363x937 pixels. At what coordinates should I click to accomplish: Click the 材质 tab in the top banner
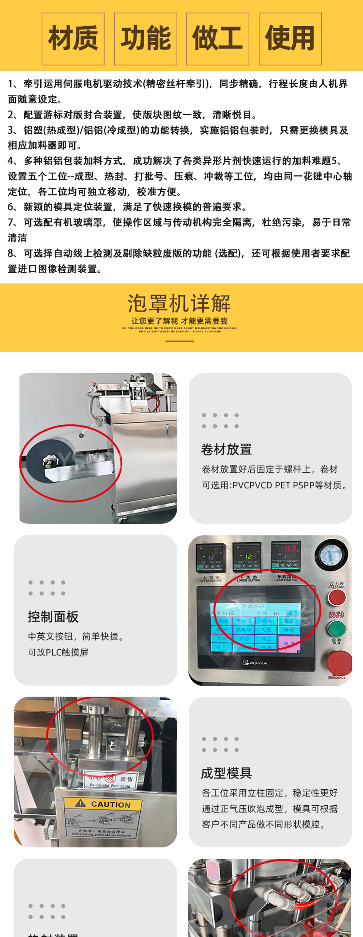(x=73, y=39)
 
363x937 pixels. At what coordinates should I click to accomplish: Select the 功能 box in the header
(x=146, y=39)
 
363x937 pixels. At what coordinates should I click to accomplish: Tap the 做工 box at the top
(x=218, y=39)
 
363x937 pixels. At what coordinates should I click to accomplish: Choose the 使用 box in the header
(x=290, y=39)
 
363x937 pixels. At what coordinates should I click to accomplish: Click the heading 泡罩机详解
(x=180, y=304)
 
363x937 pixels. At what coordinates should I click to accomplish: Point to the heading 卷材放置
(x=227, y=450)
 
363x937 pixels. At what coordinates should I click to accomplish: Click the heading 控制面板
(x=53, y=616)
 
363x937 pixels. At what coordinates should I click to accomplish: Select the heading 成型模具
(x=227, y=773)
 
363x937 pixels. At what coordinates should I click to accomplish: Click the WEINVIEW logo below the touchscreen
(x=255, y=663)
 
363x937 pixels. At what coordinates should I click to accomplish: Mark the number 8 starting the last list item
(x=11, y=253)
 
